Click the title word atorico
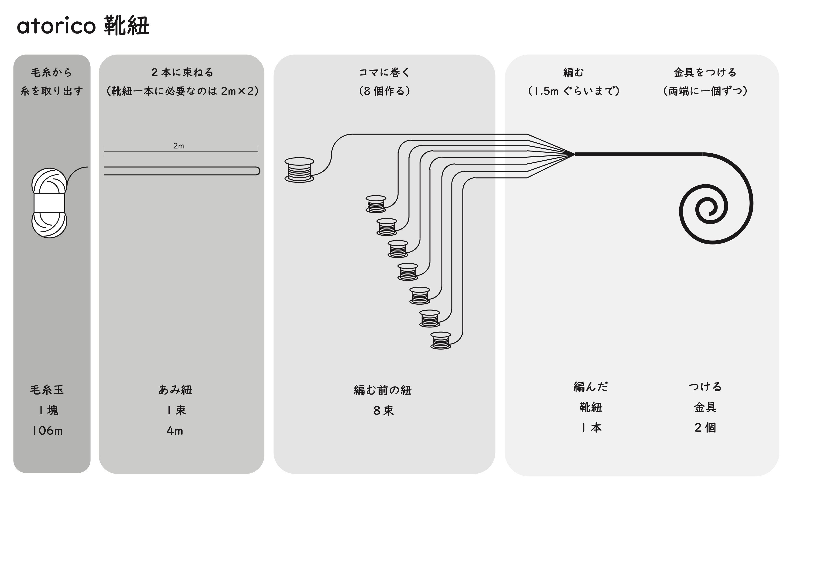(56, 26)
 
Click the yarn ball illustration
(49, 203)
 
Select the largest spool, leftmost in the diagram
(299, 170)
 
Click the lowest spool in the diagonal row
(441, 341)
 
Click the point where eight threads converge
(574, 155)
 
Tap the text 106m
(47, 431)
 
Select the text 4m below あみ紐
(175, 431)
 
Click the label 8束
(384, 411)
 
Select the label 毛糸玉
(47, 390)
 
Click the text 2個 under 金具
(705, 427)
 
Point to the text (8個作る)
(384, 91)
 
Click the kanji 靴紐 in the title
(127, 26)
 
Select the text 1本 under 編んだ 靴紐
(591, 427)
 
